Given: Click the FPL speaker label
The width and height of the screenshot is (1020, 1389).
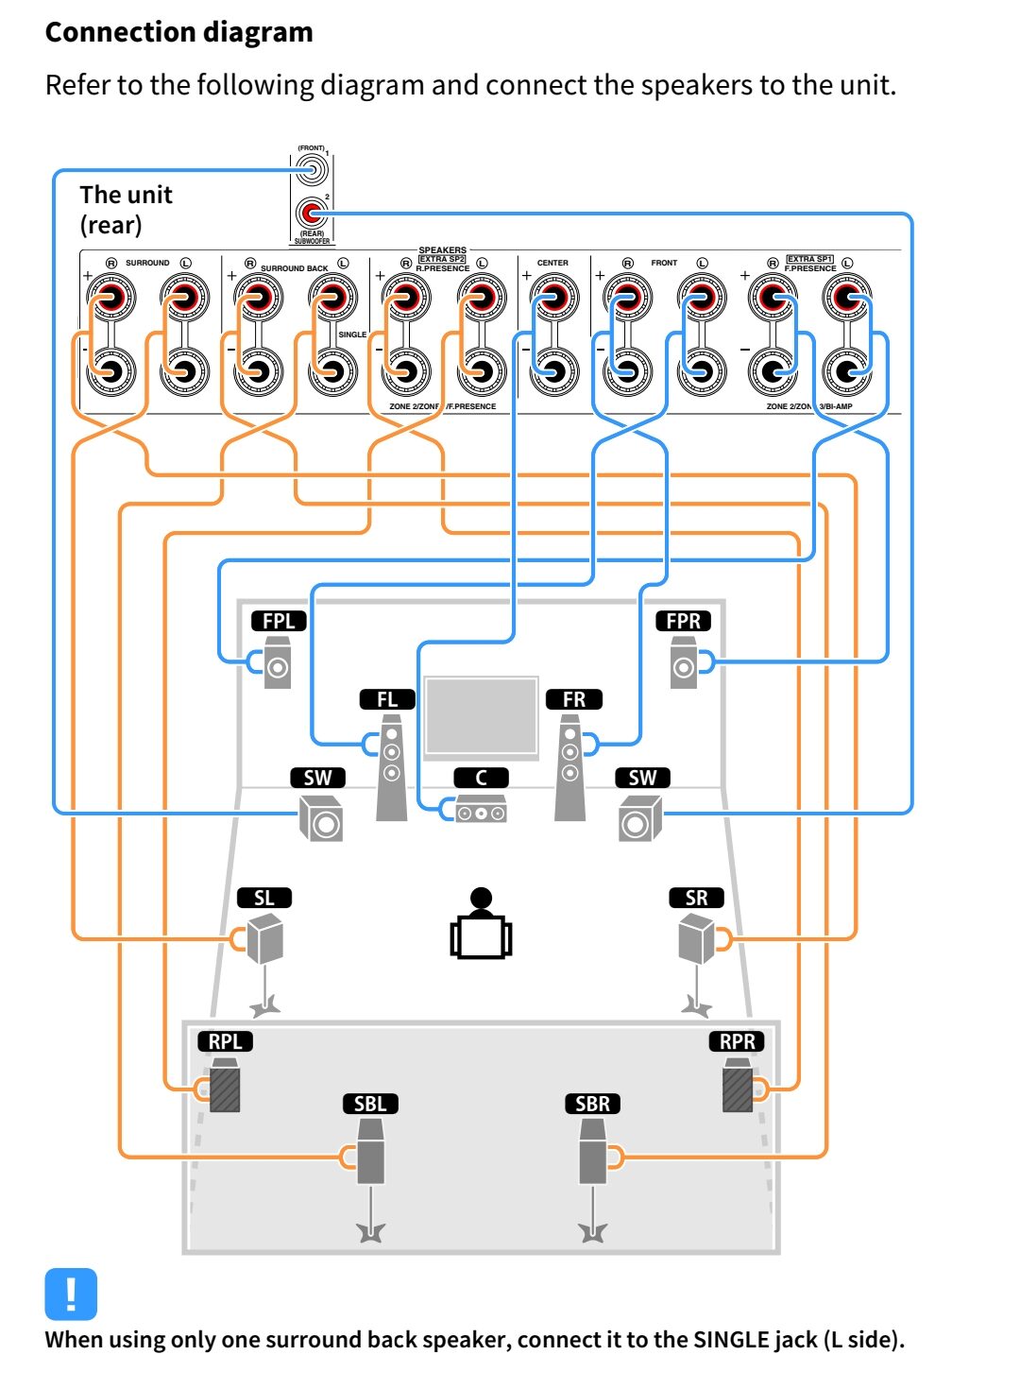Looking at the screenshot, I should tap(279, 621).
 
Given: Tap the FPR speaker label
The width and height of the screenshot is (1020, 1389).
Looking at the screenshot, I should tap(683, 621).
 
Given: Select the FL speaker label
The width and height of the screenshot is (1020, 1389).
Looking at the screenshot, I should tap(387, 699).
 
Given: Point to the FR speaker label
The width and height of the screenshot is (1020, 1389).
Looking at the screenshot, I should tap(573, 699).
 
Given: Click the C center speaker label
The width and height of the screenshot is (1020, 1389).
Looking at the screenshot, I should tap(481, 778).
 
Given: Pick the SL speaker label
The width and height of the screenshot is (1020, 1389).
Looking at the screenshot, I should tap(264, 898).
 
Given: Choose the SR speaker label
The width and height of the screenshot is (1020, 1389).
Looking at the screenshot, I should tap(696, 898).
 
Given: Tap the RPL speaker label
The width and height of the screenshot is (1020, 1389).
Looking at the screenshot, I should tap(225, 1041).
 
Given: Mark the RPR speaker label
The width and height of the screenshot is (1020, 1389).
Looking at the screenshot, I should tap(737, 1041).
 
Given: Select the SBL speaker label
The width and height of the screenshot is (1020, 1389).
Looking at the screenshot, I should tap(369, 1104).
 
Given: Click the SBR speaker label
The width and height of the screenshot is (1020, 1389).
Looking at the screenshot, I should tap(592, 1104).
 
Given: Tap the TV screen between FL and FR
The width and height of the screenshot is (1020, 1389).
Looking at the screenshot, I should tap(481, 716).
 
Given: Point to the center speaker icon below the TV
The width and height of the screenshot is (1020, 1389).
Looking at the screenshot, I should tap(481, 811).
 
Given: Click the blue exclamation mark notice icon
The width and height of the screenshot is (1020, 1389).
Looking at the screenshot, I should tap(71, 1294).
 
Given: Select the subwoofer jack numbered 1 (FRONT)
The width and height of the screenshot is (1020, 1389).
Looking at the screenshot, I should tap(311, 170).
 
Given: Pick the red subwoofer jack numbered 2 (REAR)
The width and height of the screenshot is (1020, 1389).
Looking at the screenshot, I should tap(311, 214).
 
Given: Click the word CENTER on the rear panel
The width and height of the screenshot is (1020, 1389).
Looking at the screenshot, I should tap(552, 263).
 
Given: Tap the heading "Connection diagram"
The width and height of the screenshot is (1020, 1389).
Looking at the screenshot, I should tap(178, 32).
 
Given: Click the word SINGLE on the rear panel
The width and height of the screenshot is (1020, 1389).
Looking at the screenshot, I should tap(352, 334).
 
